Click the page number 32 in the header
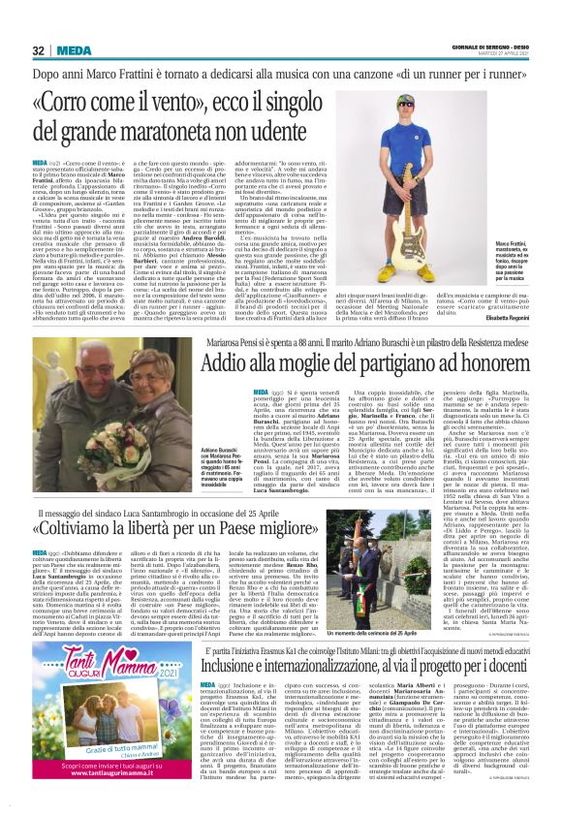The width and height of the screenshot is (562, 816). [40, 50]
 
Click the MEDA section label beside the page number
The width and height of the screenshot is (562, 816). [74, 50]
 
